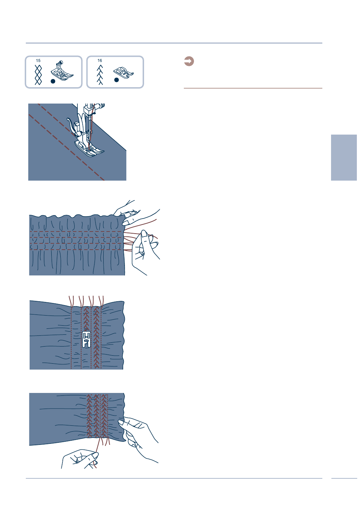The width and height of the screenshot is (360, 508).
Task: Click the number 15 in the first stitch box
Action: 38,61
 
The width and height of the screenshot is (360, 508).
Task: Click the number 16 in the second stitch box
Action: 100,61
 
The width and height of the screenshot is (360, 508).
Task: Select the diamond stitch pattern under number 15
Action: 38,74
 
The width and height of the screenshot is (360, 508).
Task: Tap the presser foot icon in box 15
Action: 62,71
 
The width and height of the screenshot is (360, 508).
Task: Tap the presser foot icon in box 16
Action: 123,72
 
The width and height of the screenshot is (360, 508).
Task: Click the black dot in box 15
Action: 53,81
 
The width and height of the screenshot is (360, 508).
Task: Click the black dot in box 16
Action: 117,80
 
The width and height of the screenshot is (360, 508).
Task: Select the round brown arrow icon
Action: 189,61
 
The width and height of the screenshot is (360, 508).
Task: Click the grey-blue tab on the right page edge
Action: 344,158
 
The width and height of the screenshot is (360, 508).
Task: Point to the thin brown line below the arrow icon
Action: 253,88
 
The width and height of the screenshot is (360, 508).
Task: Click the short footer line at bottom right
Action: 344,478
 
